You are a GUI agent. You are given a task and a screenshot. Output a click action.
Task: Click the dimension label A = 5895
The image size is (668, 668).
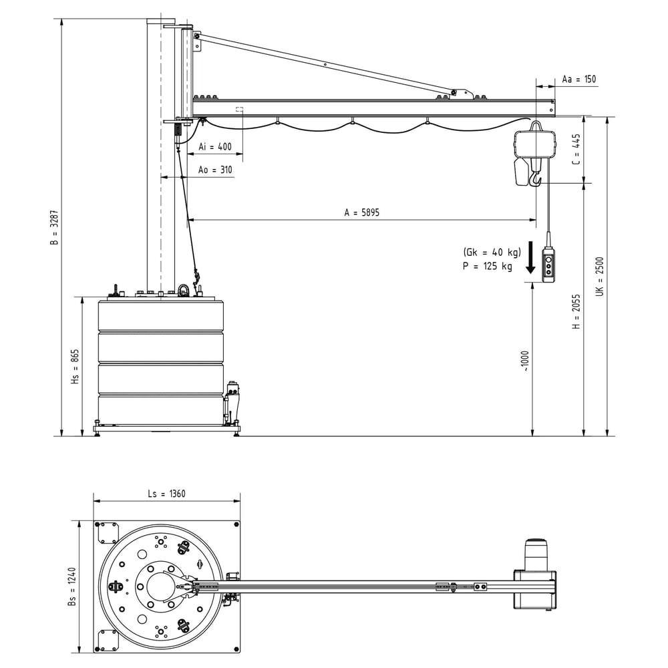pos(361,212)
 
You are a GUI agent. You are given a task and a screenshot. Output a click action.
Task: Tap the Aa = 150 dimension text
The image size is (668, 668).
pos(578,79)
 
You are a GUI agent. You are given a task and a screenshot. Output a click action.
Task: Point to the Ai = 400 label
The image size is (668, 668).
pos(215,147)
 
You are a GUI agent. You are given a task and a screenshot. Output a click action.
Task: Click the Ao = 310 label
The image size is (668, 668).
pos(215,170)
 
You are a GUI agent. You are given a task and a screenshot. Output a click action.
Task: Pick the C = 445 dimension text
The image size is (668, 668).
pos(576,150)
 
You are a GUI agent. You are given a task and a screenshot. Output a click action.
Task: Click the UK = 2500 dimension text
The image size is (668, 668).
pos(599,276)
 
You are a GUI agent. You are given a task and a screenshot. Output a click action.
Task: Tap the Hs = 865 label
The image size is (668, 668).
pos(75,367)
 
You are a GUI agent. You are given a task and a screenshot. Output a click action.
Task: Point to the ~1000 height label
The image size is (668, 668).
pos(525,361)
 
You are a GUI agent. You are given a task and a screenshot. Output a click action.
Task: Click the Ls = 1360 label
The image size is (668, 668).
pos(166,494)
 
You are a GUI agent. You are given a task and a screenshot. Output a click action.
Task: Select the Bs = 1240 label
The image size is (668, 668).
pos(71,586)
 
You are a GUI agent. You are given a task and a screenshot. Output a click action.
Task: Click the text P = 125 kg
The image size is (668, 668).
pos(487,266)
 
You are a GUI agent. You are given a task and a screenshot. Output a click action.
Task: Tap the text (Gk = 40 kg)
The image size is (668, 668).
pos(491,253)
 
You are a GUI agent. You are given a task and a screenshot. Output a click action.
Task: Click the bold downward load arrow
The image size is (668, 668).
pos(530,259)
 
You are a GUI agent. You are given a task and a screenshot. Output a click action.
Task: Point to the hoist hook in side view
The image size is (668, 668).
pos(535,179)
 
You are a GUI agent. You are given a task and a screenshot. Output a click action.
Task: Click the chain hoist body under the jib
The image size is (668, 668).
pos(534,142)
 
